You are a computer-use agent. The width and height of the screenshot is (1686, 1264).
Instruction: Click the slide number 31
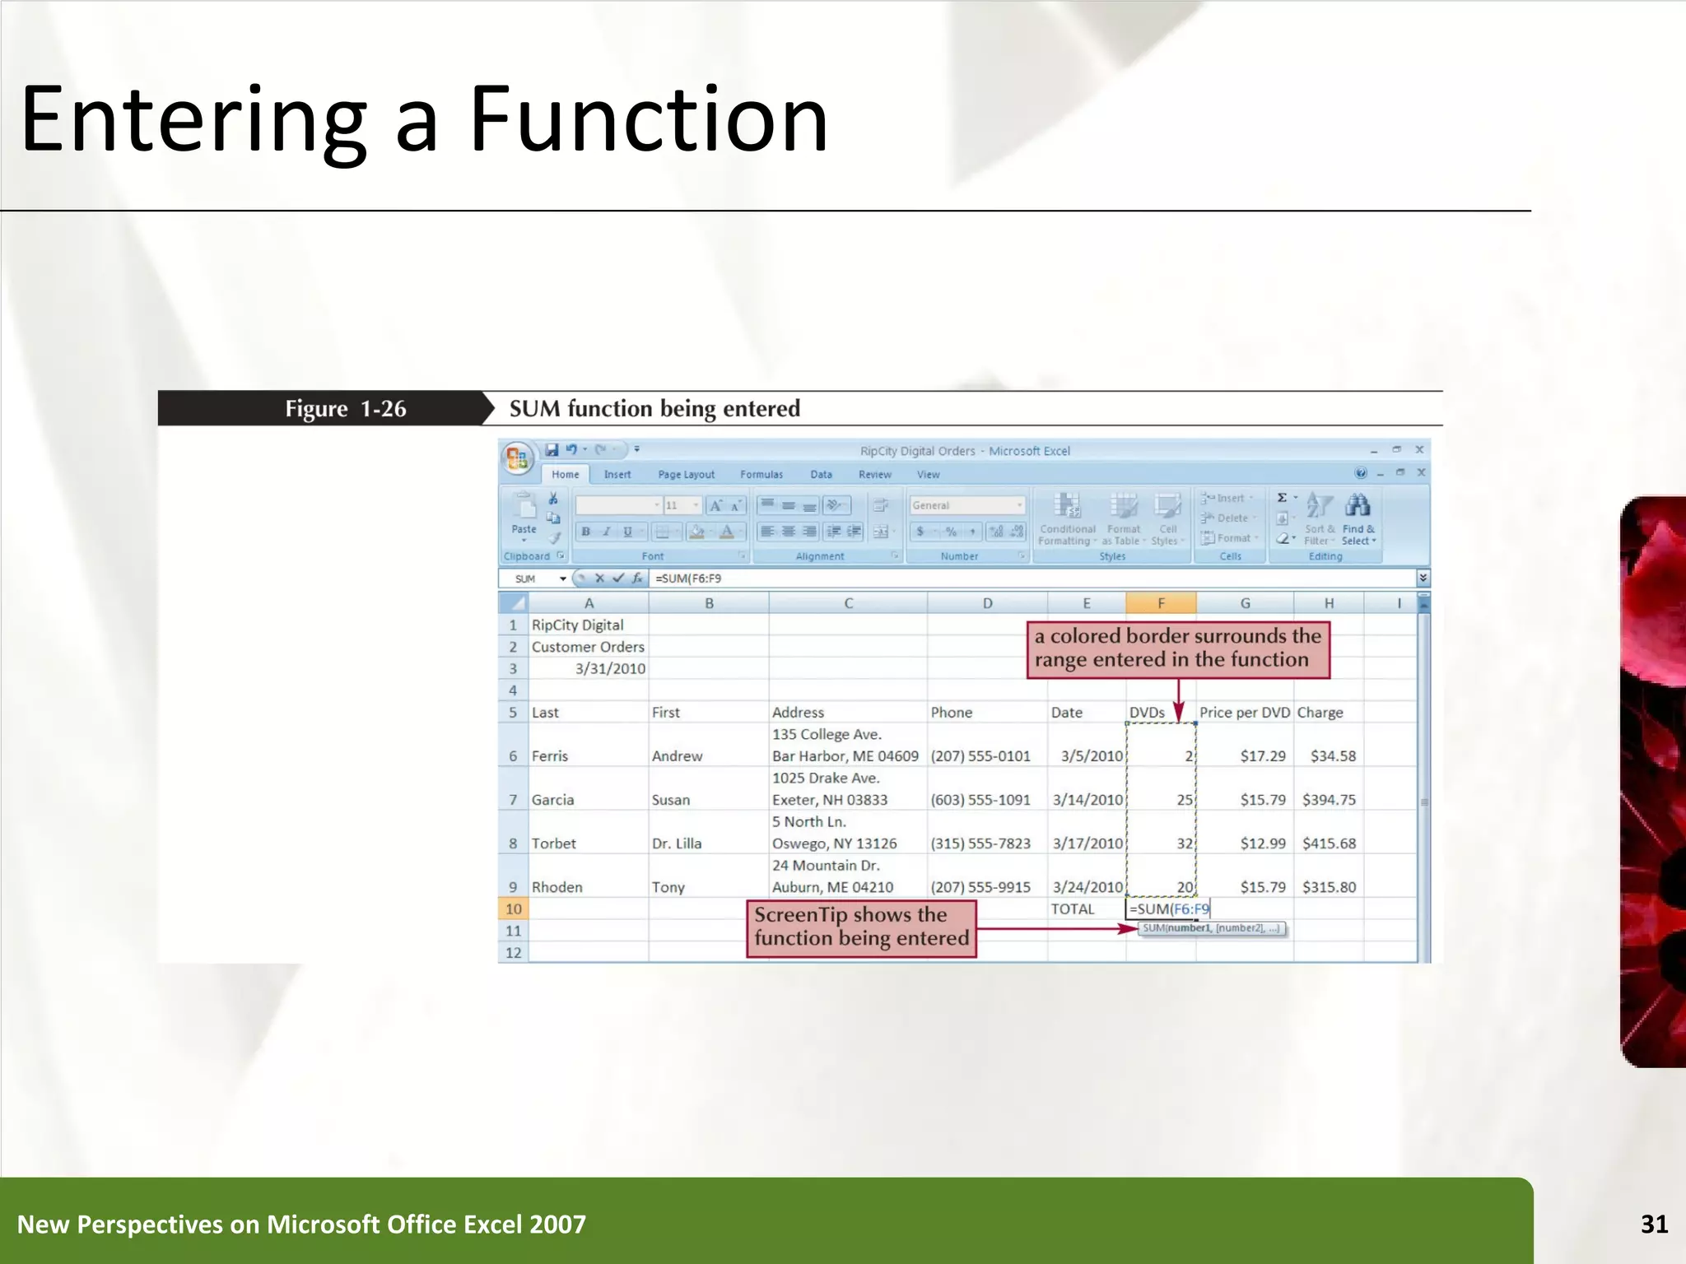(1654, 1224)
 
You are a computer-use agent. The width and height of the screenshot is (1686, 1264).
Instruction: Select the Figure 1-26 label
(346, 409)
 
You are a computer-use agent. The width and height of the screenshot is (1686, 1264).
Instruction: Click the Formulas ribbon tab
(761, 475)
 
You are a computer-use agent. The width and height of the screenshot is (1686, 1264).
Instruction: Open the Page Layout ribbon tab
(686, 475)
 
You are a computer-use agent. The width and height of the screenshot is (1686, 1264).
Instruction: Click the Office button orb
(517, 458)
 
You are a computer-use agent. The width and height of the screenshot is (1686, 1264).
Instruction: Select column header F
(1161, 603)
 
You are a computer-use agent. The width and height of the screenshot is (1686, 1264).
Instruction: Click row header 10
(514, 909)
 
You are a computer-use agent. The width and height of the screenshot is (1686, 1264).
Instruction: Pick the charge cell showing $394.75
(1329, 800)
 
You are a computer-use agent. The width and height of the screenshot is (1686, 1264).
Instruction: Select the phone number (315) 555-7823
(980, 843)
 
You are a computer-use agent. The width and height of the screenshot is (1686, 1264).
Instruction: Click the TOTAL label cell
(1072, 909)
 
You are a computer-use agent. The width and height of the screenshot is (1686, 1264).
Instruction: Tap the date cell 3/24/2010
(1088, 887)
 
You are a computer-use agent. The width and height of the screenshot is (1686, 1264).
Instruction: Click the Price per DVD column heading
(1244, 713)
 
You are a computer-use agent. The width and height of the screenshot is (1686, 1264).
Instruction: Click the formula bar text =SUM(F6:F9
(688, 579)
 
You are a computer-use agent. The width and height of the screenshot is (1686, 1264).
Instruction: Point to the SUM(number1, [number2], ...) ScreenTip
(1211, 928)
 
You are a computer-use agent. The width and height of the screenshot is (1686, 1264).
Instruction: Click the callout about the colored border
(1178, 648)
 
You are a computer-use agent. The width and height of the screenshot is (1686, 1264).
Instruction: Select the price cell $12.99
(1262, 843)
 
